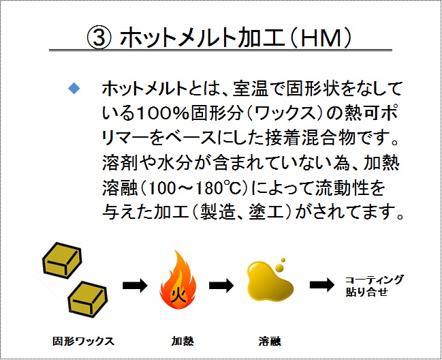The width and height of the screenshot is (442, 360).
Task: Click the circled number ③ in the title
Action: pyautogui.click(x=99, y=38)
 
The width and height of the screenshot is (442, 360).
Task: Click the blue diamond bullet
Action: pyautogui.click(x=74, y=89)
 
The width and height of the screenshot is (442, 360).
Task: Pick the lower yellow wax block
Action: pyautogui.click(x=88, y=299)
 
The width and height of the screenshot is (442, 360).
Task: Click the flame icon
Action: pyautogui.click(x=178, y=280)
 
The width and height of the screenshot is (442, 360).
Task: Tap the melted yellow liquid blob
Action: pyautogui.click(x=270, y=283)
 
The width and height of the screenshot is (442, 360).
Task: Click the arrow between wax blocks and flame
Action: pyautogui.click(x=135, y=285)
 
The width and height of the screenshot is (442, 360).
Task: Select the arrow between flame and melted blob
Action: pyautogui.click(x=221, y=285)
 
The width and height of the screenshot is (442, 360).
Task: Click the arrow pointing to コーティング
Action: pyautogui.click(x=322, y=285)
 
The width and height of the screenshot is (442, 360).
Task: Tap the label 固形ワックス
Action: pyautogui.click(x=84, y=341)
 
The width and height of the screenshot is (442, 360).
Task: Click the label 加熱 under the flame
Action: pyautogui.click(x=183, y=341)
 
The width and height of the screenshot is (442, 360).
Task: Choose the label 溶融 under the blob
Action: pyautogui.click(x=270, y=341)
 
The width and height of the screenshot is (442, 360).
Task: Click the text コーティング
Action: pyautogui.click(x=375, y=280)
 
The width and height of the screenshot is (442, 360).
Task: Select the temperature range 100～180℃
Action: pyautogui.click(x=194, y=188)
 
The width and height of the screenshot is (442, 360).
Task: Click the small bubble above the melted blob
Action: pyautogui.click(x=283, y=260)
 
